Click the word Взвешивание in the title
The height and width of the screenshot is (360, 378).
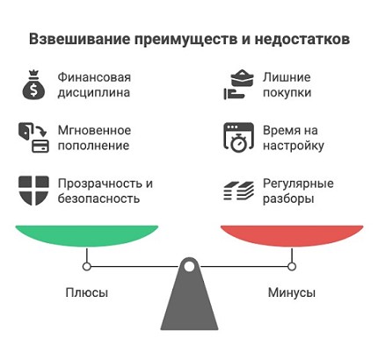[x=79, y=40]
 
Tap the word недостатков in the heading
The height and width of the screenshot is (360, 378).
[x=302, y=40]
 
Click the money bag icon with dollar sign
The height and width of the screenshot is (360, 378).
[x=34, y=85]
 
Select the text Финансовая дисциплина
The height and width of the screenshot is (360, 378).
[x=94, y=85]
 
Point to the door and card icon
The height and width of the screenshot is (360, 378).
[x=33, y=138]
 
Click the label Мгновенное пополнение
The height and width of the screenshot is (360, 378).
[x=94, y=138]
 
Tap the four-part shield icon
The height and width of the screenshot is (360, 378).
[x=33, y=191]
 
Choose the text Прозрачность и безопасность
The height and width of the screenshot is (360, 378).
[x=105, y=191]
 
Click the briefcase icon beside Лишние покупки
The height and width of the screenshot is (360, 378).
[x=238, y=84]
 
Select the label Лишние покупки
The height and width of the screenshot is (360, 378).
[x=287, y=85]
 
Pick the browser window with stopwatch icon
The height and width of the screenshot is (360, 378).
[x=238, y=138]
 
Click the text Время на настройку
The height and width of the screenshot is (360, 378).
[x=294, y=138]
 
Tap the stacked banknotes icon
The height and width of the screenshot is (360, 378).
[x=238, y=191]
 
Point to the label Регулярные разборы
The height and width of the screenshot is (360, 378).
[x=298, y=191]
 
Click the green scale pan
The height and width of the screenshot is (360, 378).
[x=87, y=235]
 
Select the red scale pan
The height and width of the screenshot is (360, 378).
[x=292, y=235]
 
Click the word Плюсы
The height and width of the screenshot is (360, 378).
[x=87, y=292]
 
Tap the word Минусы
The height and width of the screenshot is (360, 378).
[x=292, y=292]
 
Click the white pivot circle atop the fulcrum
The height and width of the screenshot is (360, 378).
[x=189, y=266]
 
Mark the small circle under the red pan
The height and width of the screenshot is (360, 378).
[x=292, y=267]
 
